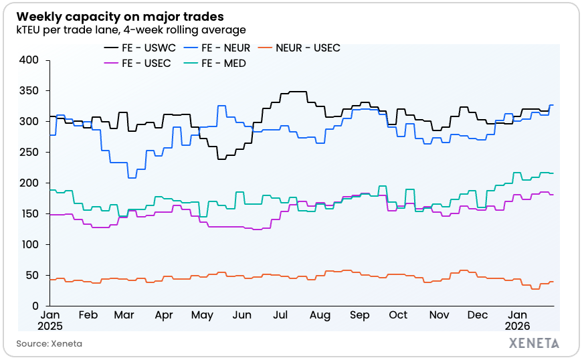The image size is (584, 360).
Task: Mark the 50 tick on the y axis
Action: coord(34,275)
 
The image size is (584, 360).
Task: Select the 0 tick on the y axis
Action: coord(37,306)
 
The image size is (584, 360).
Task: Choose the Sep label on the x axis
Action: coord(360,314)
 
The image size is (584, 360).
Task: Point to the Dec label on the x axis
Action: coord(478,314)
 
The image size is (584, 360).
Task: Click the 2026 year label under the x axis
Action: coord(518,326)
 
